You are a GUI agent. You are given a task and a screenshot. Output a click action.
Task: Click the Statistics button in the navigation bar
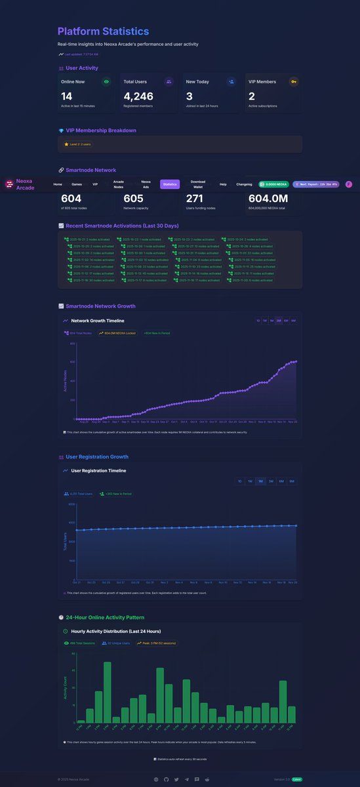[x=170, y=184]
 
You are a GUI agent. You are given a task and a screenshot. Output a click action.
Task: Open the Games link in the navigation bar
[x=77, y=184]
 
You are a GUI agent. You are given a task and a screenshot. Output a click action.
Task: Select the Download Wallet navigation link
[x=198, y=184]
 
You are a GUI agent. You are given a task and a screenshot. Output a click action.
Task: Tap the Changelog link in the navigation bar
[x=244, y=184]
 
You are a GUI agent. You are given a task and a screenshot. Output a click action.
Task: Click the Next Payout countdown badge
[x=316, y=184]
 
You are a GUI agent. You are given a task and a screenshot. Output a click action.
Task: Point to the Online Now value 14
[x=66, y=96]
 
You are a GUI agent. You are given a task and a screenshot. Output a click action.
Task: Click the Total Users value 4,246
[x=138, y=96]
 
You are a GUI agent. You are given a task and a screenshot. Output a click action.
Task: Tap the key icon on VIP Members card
[x=293, y=82]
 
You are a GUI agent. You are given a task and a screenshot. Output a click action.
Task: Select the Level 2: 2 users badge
[x=78, y=144]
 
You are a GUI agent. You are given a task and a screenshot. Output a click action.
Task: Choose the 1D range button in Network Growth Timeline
[x=258, y=321]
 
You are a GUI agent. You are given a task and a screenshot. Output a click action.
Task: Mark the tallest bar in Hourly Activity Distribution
[x=107, y=693]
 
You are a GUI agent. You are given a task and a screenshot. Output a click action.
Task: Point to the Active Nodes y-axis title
[x=65, y=381]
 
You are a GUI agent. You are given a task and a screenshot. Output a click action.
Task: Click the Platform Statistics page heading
[x=103, y=31]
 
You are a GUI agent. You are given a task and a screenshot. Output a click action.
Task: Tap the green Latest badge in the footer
[x=297, y=779]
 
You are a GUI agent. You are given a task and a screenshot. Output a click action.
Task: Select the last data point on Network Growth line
[x=296, y=361]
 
